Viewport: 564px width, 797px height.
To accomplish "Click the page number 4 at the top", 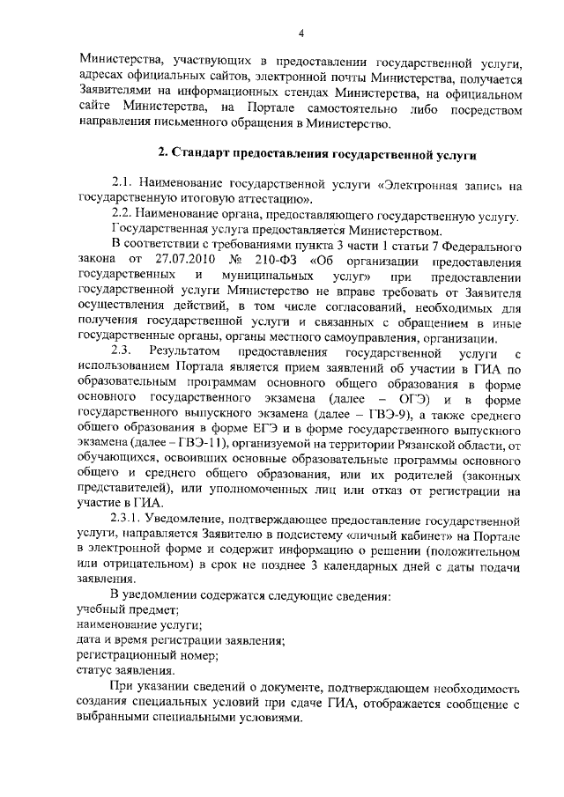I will [301, 33].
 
